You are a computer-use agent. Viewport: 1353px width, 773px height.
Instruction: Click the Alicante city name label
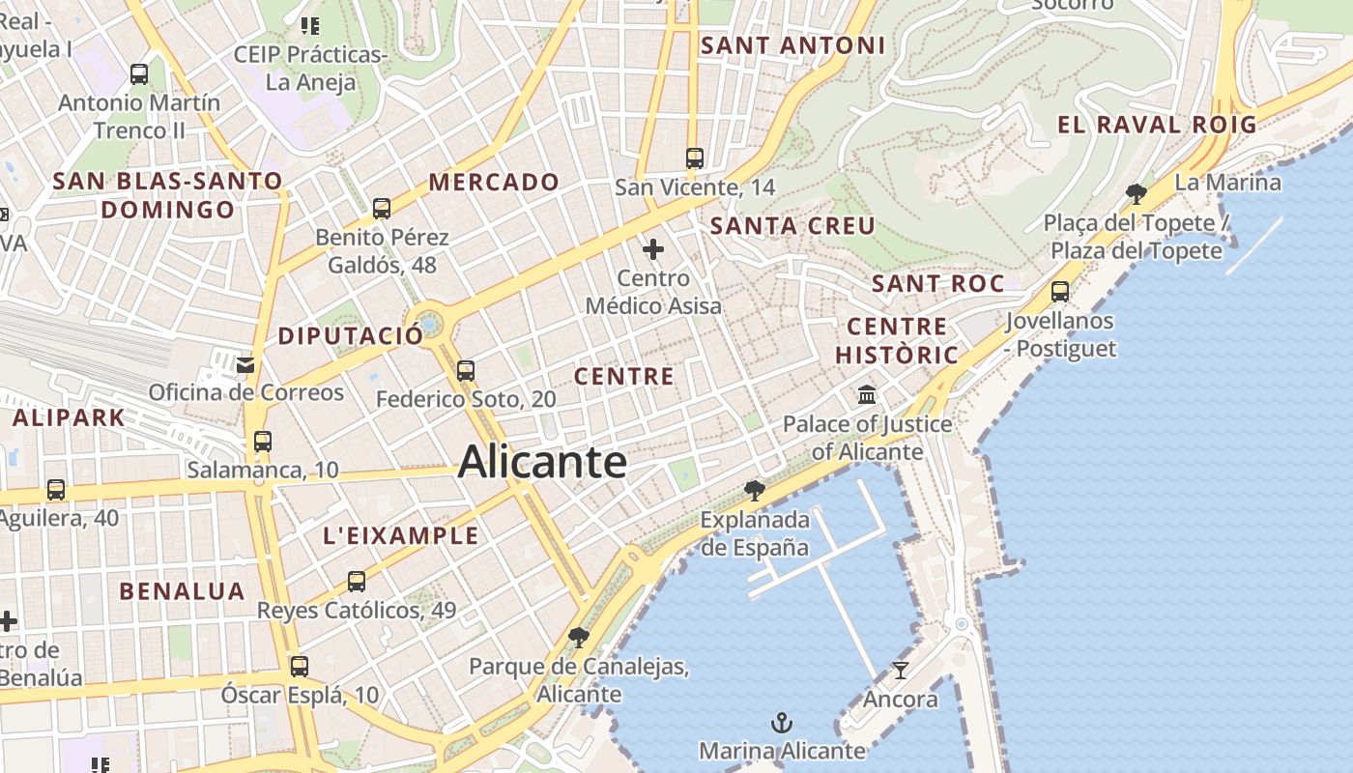542,461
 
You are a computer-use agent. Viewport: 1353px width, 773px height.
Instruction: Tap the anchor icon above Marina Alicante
781,723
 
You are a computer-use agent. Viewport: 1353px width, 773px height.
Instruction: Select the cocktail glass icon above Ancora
901,670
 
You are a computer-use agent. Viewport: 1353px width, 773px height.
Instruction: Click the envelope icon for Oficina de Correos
245,364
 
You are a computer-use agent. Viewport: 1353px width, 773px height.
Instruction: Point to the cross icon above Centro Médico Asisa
653,249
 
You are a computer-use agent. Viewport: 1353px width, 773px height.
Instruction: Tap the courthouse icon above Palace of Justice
867,395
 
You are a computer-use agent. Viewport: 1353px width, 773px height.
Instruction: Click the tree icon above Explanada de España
755,491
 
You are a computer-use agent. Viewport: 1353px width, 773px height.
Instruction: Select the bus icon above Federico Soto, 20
466,370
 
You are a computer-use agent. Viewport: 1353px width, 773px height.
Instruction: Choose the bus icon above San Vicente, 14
694,157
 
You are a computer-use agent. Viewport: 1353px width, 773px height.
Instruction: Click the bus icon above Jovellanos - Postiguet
1060,291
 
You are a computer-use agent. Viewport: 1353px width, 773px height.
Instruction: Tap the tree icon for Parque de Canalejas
579,637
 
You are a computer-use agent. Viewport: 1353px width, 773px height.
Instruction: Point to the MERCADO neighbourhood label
494,182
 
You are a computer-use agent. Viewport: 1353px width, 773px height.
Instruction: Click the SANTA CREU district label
792,226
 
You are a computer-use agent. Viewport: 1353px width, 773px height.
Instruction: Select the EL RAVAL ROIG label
1157,125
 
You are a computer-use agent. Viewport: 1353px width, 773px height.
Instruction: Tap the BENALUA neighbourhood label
182,591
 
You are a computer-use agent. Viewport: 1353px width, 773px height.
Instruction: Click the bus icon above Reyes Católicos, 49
357,581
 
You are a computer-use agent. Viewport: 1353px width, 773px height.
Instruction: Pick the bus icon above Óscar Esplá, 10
300,666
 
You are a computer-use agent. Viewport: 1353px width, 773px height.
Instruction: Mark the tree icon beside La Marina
1137,193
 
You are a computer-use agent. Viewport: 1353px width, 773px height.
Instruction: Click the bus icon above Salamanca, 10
263,442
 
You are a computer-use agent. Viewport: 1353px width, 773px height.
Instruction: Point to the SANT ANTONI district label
792,45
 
